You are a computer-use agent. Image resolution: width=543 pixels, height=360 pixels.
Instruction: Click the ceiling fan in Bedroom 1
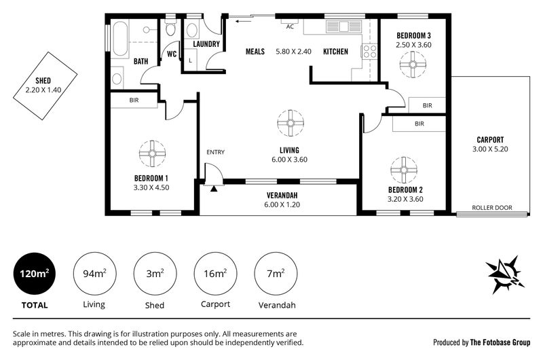click(x=152, y=154)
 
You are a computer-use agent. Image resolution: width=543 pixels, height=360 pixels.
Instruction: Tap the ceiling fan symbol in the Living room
click(x=291, y=123)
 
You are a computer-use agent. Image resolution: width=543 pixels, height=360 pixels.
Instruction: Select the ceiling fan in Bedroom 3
click(x=413, y=65)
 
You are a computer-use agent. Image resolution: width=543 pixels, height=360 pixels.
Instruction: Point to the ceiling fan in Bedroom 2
click(x=404, y=170)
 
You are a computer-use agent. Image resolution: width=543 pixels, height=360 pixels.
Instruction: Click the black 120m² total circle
click(x=34, y=274)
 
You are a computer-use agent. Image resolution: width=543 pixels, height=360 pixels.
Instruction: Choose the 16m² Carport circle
click(x=215, y=274)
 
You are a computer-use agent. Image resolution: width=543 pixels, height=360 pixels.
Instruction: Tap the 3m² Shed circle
click(x=155, y=274)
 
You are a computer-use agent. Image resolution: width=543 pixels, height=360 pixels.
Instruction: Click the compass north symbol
click(x=505, y=274)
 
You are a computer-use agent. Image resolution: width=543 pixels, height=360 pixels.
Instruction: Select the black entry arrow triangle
click(x=214, y=188)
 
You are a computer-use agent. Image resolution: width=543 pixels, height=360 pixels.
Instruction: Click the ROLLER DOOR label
click(x=491, y=208)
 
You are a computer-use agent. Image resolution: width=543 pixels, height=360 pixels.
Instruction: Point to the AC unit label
click(x=290, y=26)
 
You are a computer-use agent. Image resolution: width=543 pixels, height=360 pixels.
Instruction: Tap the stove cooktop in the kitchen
click(x=369, y=52)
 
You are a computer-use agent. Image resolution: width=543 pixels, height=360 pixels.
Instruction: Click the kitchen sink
click(x=343, y=26)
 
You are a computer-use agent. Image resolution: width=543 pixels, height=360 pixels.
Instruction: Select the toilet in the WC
click(x=170, y=28)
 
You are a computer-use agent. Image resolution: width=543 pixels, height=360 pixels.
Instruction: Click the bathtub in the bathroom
click(x=120, y=39)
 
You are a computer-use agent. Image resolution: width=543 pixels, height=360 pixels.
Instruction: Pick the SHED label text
click(x=43, y=81)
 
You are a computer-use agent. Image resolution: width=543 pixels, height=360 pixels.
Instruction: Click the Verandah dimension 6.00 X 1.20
click(x=282, y=204)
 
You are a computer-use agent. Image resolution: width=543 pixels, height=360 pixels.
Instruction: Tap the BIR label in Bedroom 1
click(x=134, y=100)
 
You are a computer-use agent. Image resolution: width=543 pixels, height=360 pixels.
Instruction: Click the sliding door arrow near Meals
click(x=243, y=22)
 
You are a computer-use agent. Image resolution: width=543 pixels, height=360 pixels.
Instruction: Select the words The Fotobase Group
click(x=500, y=342)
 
